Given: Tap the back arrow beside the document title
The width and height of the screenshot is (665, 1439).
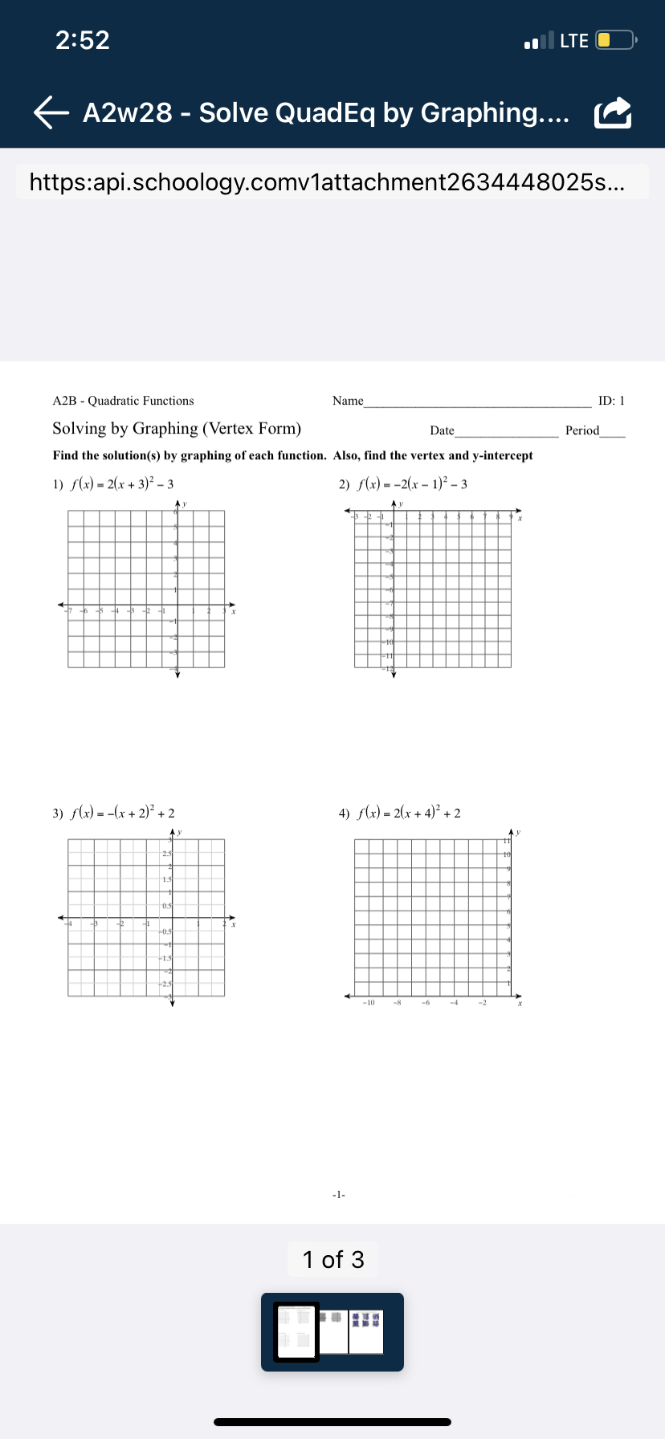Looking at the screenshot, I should (51, 113).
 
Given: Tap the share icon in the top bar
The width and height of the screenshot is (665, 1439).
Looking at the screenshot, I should (613, 113).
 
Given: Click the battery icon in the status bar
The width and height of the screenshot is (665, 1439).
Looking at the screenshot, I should (615, 40).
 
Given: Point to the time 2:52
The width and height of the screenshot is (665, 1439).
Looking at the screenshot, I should (83, 40).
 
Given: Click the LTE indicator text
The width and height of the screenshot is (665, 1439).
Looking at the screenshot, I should (574, 40).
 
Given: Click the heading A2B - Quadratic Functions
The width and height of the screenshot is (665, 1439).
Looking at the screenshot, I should (123, 401).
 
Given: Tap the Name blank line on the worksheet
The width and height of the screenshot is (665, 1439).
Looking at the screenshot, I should (477, 402).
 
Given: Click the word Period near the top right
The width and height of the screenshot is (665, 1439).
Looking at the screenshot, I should (582, 430).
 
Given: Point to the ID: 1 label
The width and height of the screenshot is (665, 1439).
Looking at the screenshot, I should (611, 401).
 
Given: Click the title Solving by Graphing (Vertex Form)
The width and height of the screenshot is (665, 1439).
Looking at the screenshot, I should (177, 429).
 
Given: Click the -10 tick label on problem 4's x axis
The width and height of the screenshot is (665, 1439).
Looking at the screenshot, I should (368, 1003).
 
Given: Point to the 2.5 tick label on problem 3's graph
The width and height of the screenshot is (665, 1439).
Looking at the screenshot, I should (167, 853).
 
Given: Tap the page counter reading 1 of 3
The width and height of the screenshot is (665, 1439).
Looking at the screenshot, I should (332, 1259).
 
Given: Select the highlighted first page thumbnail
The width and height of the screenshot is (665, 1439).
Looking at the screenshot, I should (296, 1332).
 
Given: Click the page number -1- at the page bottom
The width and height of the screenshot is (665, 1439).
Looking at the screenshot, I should (339, 1195).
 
